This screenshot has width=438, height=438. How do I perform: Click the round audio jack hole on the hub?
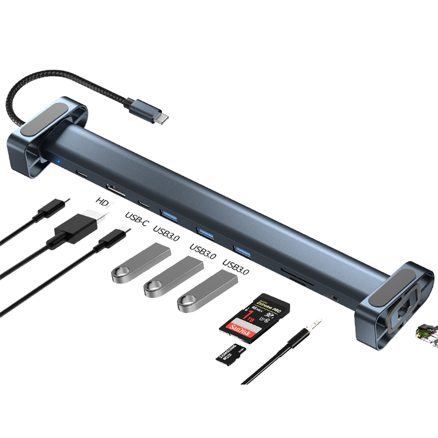coord(336,298)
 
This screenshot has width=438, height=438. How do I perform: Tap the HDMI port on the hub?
coord(116,191)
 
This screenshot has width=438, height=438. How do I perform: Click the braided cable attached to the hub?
coord(66,83)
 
